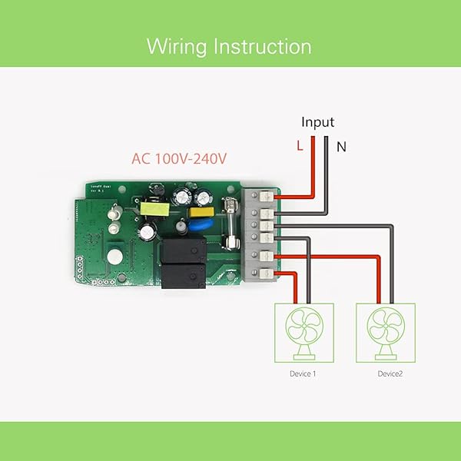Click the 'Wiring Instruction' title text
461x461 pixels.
[x=229, y=46]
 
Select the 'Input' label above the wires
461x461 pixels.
[x=317, y=122]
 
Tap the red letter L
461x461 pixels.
[x=300, y=145]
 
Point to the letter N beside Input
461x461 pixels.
[x=341, y=146]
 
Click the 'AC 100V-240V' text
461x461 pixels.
[x=179, y=159]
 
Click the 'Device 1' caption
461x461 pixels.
[x=303, y=373]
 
